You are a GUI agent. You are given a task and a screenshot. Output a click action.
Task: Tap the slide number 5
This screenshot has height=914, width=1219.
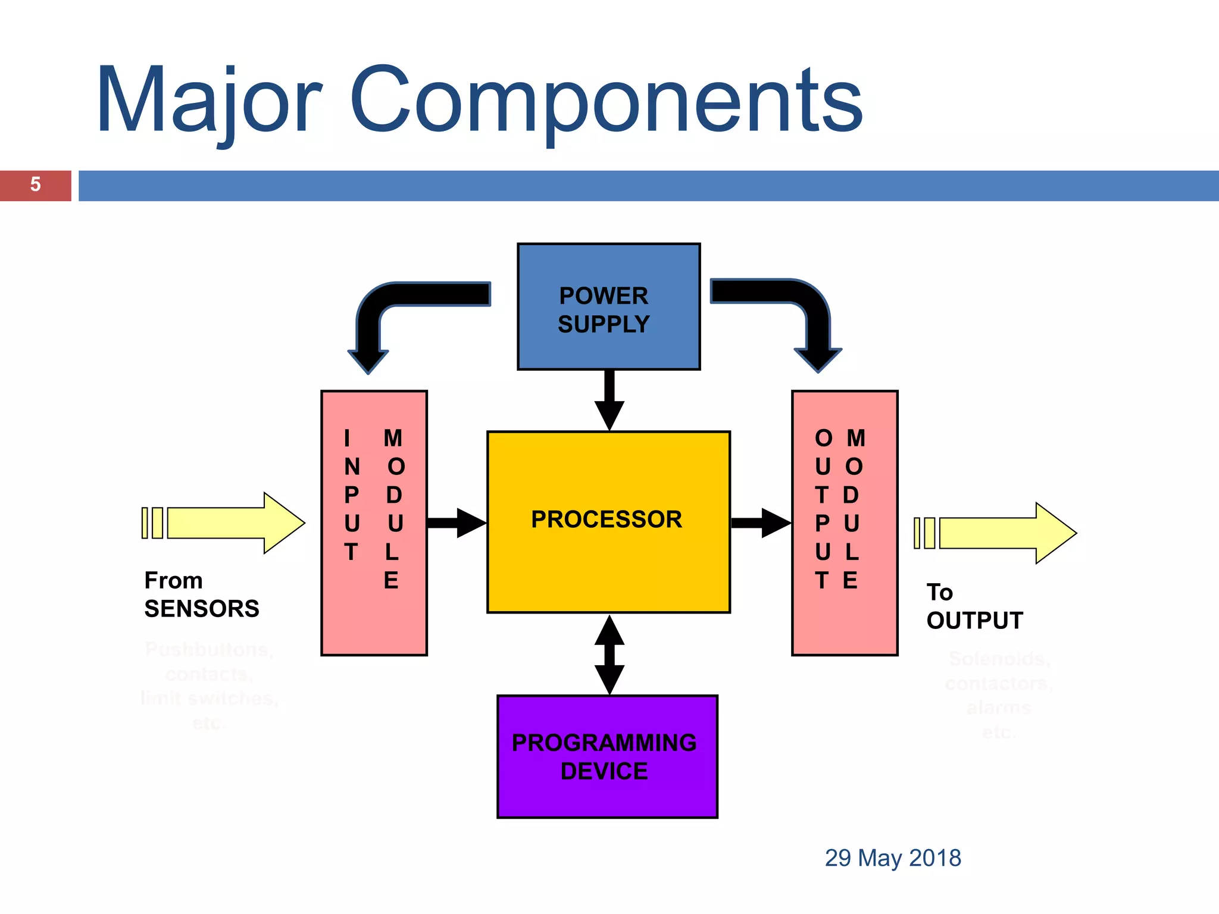[35, 185]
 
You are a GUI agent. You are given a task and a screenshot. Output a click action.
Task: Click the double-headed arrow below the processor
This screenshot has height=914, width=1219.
[609, 655]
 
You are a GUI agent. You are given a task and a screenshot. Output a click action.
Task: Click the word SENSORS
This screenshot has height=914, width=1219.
[202, 609]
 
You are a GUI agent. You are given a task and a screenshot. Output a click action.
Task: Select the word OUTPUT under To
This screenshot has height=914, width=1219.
[974, 621]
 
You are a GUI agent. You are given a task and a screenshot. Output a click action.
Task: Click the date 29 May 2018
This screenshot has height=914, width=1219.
[893, 858]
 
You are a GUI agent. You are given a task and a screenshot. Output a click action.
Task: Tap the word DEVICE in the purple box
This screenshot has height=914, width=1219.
[604, 772]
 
